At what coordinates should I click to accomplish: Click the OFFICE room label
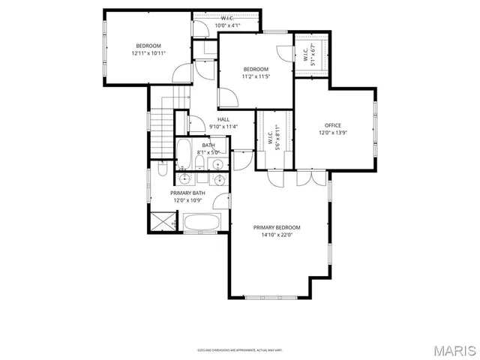332,125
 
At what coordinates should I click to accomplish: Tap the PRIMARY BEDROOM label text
277,227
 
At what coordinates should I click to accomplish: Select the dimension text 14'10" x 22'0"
277,235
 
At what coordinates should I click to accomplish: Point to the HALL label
223,119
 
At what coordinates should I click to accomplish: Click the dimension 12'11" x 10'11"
148,53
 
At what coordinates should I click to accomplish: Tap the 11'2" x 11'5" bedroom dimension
256,76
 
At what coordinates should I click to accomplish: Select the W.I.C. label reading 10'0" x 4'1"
226,22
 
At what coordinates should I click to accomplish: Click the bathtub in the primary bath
200,223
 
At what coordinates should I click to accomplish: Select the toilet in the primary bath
162,172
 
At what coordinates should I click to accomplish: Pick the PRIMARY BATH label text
187,193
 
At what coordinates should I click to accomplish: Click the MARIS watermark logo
453,350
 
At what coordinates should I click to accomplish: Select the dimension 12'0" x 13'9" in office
332,133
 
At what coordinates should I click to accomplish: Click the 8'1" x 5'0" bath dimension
208,152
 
